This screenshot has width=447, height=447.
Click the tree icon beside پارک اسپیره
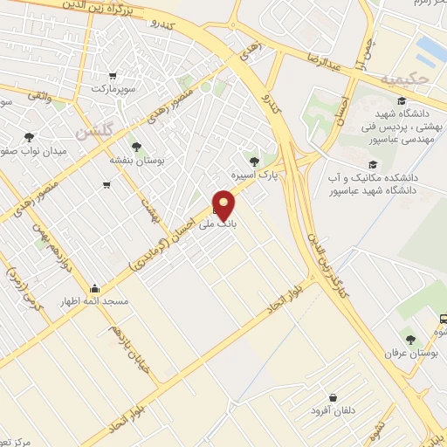[254, 162]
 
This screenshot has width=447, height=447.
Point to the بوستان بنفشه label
[133, 160]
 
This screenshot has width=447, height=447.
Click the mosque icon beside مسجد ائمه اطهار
[94, 288]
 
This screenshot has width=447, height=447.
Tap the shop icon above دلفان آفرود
[332, 396]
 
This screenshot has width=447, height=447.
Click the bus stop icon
[444, 319]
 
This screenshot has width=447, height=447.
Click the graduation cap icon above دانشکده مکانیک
[373, 164]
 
